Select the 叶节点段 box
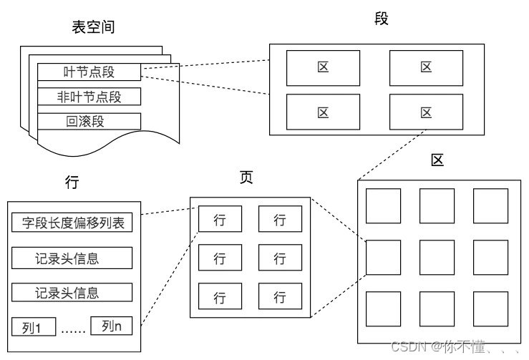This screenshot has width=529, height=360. click(89, 72)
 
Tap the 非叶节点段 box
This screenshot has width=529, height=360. click(89, 96)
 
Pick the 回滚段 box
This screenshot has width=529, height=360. click(89, 120)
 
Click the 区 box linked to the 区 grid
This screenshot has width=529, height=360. click(426, 112)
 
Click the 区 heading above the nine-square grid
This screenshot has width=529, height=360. click(437, 160)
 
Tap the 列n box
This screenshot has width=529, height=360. click(112, 326)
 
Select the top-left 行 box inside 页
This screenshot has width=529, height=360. click(220, 220)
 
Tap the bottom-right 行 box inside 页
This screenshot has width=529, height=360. click(280, 296)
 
